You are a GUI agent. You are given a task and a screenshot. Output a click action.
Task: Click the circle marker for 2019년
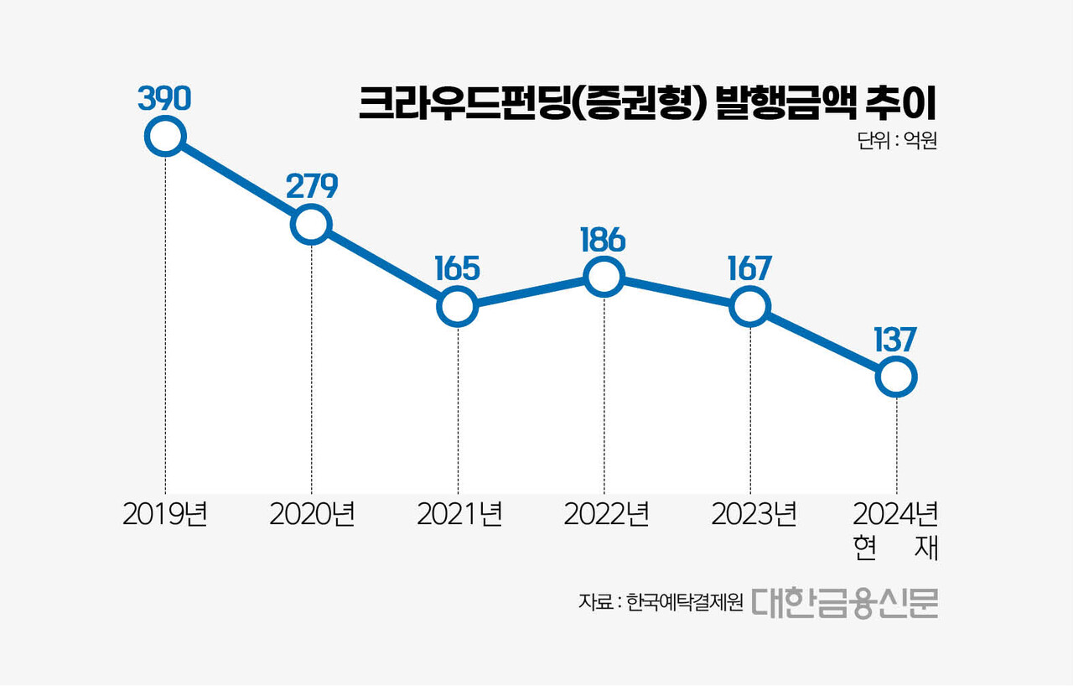pos(164,136)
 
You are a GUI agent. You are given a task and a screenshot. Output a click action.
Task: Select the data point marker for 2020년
pos(311,225)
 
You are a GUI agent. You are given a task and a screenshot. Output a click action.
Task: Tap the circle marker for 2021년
pos(458,307)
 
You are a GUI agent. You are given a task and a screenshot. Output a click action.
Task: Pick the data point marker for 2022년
pos(604,277)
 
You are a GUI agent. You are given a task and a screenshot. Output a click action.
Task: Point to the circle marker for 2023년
pos(749,307)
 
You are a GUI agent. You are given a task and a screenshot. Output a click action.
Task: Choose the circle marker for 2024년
pos(896,377)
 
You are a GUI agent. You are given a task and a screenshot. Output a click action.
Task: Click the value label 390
pos(165,98)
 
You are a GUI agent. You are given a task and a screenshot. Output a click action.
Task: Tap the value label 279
pos(311,186)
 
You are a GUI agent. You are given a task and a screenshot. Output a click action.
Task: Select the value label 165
pos(458,268)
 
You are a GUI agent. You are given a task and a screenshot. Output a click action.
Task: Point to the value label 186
pos(603,240)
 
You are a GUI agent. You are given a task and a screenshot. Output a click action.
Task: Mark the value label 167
pos(749,268)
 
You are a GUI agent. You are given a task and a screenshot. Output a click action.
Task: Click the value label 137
pos(894,340)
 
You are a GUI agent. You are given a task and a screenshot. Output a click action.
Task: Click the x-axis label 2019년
pos(165,514)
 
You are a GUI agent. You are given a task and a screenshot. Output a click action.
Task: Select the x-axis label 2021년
pos(459,514)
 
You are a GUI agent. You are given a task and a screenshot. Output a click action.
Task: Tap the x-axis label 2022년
pos(606,514)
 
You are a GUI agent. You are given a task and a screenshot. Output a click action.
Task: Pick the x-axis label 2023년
pos(753,514)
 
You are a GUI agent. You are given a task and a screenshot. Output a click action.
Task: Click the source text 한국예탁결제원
pos(684,603)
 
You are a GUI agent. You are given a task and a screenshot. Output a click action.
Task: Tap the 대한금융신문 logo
pos(844,601)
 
